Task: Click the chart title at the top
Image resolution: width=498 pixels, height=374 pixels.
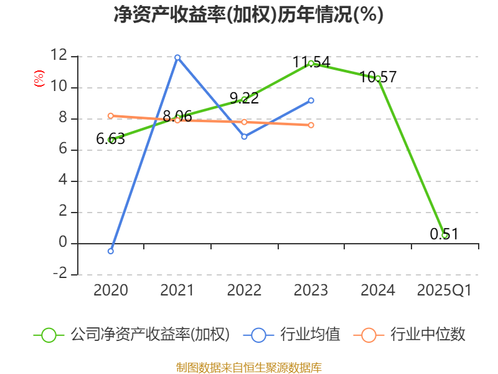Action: coord(248,14)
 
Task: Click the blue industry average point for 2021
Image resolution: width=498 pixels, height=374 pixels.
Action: coord(177,57)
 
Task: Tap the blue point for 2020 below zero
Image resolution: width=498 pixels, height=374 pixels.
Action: coord(111,251)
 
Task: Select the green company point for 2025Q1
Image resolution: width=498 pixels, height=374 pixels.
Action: coord(444,235)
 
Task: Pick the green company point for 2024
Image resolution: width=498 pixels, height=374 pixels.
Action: coord(378,79)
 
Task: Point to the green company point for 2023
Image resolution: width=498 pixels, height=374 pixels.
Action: coord(311,63)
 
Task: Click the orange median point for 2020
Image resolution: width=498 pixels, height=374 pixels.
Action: coord(111,115)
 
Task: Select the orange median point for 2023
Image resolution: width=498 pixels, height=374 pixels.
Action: coord(311,125)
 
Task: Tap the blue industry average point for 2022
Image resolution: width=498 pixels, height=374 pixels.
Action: coord(244,137)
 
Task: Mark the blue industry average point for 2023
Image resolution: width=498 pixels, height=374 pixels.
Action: coord(311,100)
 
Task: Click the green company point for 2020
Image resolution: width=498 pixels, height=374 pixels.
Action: coord(111,140)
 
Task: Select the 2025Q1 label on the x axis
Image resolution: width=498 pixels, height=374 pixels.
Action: coord(444,290)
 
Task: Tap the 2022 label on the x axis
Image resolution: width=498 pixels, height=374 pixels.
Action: coord(244,290)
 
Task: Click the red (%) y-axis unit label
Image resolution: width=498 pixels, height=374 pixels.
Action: coord(39,79)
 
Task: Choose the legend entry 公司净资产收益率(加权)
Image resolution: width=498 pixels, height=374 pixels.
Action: coord(149,335)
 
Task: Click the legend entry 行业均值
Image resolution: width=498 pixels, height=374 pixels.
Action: coord(310,335)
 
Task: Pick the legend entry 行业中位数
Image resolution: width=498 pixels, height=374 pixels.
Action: coord(428,335)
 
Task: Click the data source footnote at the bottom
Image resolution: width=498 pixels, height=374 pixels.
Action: coord(248,367)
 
